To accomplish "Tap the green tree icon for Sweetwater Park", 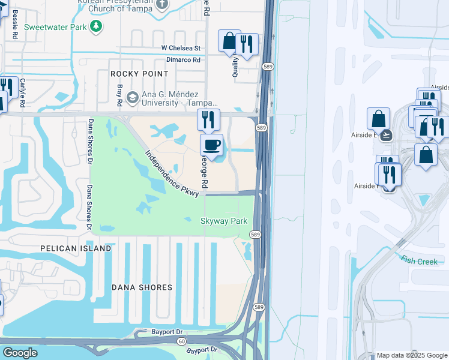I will point(95,26).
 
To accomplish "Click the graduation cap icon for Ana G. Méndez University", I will point(132,97).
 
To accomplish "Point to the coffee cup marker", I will point(211,145).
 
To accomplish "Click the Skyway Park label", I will point(223,221).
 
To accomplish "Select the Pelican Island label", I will point(76,248).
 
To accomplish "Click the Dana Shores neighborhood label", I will point(142,287).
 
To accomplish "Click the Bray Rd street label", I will point(119,95).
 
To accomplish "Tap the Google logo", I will point(20,353).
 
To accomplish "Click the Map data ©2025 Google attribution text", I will point(412,355).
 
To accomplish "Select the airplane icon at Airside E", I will point(387,135).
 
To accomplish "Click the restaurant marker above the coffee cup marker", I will point(208,119).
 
